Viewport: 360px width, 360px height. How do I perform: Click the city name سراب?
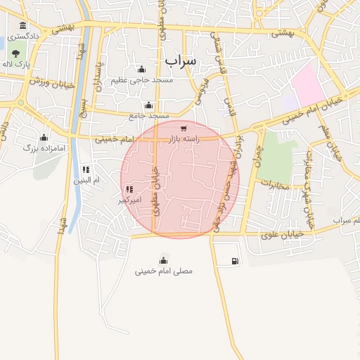182,61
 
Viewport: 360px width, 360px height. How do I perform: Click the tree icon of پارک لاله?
15,53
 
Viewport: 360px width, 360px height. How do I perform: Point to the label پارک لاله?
16,64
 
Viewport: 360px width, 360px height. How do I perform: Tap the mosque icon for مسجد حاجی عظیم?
142,69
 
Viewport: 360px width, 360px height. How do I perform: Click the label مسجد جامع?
149,115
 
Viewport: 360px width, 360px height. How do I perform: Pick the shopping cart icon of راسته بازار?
184,129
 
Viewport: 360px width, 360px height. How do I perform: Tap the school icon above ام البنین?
86,169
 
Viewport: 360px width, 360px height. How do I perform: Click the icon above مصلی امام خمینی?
164,260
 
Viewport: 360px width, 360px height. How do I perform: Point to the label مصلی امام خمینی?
164,271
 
